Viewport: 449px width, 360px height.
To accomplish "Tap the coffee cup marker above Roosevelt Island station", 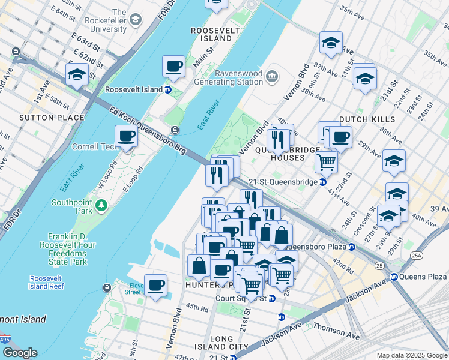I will point(174,67).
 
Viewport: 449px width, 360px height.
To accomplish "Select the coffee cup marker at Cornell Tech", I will point(126,137).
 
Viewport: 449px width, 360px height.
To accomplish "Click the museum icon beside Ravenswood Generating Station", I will point(272,76).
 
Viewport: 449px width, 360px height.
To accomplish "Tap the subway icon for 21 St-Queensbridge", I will point(323,182).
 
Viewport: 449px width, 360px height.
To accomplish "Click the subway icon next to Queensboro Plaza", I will point(352,247).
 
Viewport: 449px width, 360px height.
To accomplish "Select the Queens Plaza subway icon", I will point(394,277).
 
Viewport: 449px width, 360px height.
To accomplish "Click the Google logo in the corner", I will point(20,353).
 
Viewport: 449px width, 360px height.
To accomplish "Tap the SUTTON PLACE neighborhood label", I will point(52,118).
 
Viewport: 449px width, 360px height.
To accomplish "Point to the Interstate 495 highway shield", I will point(5,340).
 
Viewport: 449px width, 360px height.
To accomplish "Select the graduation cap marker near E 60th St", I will point(77,74).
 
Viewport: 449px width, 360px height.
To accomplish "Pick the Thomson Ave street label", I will point(331,329).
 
